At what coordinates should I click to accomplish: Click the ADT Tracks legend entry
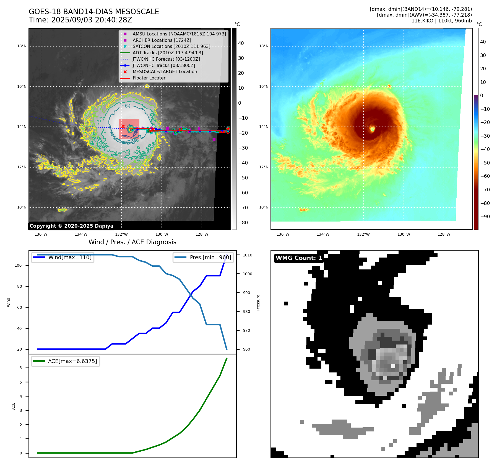tap(168, 53)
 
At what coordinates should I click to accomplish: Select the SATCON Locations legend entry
tap(171, 46)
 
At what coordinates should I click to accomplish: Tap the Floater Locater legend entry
tap(149, 78)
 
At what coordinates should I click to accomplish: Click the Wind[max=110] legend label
tap(70, 257)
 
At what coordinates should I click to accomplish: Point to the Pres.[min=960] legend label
tap(210, 257)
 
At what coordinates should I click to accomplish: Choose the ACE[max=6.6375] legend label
tap(72, 361)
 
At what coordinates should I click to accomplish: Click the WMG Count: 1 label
tap(299, 258)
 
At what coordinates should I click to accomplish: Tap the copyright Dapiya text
tap(71, 226)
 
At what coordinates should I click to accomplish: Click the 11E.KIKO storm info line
tap(441, 21)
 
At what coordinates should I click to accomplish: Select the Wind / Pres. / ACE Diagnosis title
tap(132, 242)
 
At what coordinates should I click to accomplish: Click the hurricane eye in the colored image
tap(373, 129)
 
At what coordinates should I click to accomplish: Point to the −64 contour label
tap(126, 106)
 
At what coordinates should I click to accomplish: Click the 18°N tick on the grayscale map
tap(22, 46)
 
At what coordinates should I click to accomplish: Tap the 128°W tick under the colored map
tap(444, 234)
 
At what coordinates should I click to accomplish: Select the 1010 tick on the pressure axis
tap(248, 255)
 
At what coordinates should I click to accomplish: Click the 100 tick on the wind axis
tap(18, 265)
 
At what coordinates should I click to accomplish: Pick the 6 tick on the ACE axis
tap(20, 368)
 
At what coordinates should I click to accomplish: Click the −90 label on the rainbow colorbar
tap(485, 217)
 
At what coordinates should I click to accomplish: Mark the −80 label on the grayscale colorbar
tap(243, 223)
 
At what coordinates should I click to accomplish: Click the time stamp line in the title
tap(80, 20)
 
